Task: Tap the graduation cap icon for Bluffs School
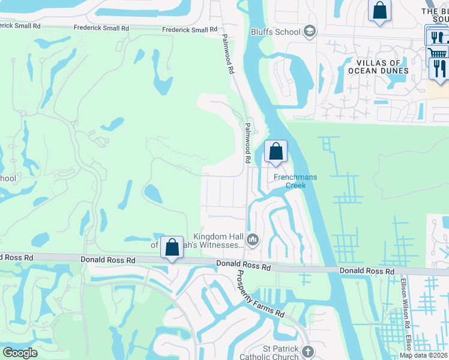pos(310,31)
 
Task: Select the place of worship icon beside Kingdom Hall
pos(253,241)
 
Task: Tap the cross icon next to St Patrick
pos(308,352)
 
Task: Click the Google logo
pos(20,353)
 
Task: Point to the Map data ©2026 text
pos(424,355)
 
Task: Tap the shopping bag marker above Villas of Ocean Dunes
pos(379,10)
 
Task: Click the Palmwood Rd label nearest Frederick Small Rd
pos(227,55)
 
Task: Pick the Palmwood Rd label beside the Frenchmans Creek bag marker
pos(247,143)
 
